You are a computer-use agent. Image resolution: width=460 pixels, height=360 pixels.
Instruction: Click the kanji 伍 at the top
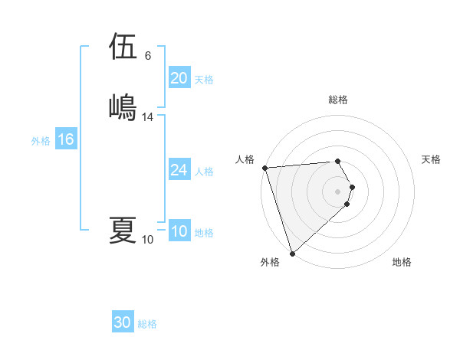click(x=123, y=47)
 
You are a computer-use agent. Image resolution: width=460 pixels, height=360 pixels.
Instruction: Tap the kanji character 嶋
click(x=123, y=106)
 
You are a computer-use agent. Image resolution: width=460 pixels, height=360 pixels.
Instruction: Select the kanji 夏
click(x=123, y=229)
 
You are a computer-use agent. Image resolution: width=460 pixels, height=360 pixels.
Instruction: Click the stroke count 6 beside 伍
click(x=148, y=57)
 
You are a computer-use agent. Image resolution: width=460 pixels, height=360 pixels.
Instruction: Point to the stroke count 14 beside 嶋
click(x=148, y=117)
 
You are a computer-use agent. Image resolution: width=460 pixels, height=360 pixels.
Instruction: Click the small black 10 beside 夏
click(x=148, y=240)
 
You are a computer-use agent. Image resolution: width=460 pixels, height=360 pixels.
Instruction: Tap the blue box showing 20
click(x=179, y=78)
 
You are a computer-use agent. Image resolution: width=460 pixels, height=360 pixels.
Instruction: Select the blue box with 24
click(x=179, y=171)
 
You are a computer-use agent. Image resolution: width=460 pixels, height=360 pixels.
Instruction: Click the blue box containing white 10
click(x=179, y=232)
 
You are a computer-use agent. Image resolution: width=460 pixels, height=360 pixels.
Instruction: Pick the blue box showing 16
click(x=65, y=140)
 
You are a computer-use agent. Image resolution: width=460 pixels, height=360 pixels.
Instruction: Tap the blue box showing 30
click(x=122, y=323)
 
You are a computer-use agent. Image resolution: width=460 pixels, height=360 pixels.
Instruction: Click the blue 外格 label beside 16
click(x=41, y=141)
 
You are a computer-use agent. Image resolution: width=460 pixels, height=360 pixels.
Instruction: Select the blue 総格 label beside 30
click(x=147, y=324)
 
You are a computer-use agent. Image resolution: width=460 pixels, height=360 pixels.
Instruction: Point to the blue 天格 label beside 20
click(x=204, y=79)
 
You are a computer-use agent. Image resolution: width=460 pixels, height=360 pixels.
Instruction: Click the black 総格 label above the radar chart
click(x=338, y=100)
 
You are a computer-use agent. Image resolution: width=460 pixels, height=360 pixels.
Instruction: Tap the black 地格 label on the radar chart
click(x=402, y=262)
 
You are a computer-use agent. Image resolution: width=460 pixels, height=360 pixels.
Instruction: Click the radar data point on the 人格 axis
click(x=264, y=168)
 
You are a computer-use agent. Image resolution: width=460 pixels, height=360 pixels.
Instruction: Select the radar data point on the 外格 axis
click(x=292, y=253)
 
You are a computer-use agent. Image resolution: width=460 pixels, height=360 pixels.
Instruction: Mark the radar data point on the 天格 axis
click(x=352, y=187)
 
